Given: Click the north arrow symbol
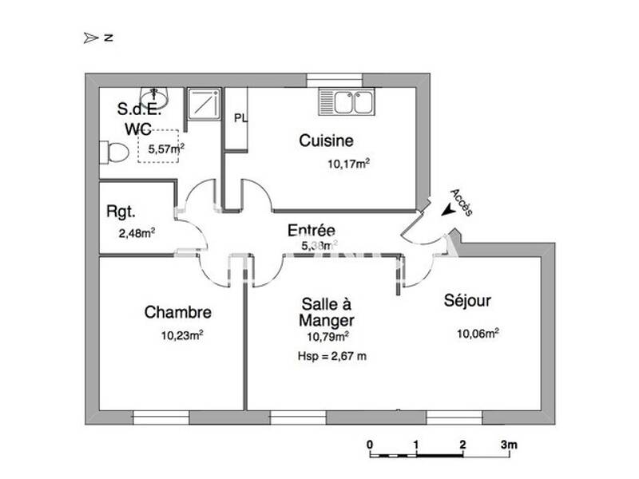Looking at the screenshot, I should [90, 36].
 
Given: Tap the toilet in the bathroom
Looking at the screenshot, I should [113, 152].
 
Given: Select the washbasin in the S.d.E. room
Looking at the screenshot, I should [157, 97].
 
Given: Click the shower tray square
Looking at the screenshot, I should [204, 105].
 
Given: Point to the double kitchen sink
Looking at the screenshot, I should [347, 102].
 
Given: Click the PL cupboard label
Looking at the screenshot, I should [240, 118].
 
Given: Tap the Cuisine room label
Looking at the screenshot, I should [326, 141].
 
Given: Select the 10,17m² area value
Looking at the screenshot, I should [348, 164].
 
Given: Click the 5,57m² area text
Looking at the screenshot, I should [163, 148].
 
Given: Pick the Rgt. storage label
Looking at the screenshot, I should [121, 212].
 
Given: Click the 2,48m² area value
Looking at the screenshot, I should [136, 234].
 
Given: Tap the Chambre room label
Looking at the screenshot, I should [177, 312].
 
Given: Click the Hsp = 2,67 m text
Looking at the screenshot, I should [331, 356].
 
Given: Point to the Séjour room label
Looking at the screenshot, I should [467, 301].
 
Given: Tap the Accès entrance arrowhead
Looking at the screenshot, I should [448, 210].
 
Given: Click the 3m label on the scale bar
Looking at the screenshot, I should [509, 443].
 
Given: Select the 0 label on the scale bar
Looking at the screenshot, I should [370, 443].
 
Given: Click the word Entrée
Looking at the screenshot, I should [312, 230].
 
